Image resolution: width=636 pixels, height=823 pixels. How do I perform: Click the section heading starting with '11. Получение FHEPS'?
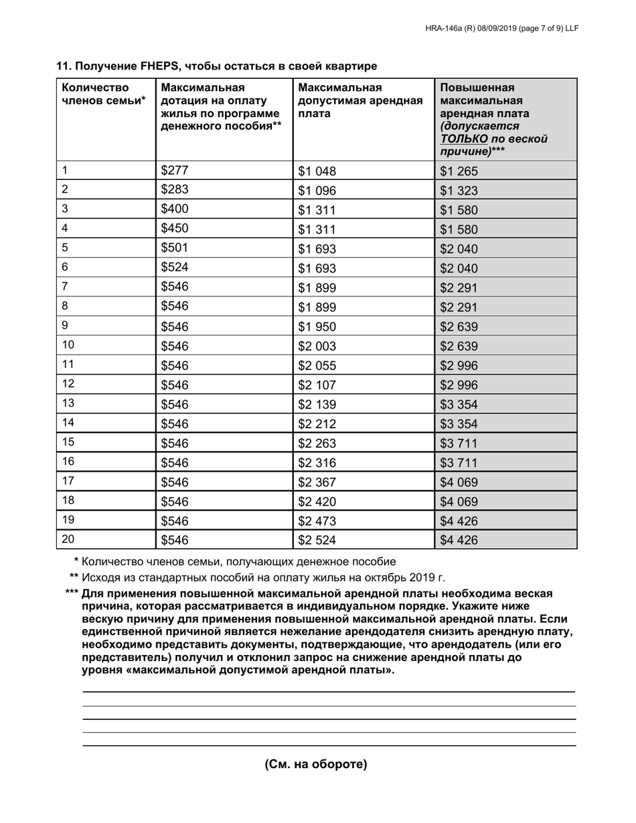[216, 66]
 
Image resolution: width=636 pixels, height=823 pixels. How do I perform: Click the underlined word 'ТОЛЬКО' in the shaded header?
[463, 139]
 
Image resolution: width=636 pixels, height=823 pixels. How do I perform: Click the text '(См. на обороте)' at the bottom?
[316, 764]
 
